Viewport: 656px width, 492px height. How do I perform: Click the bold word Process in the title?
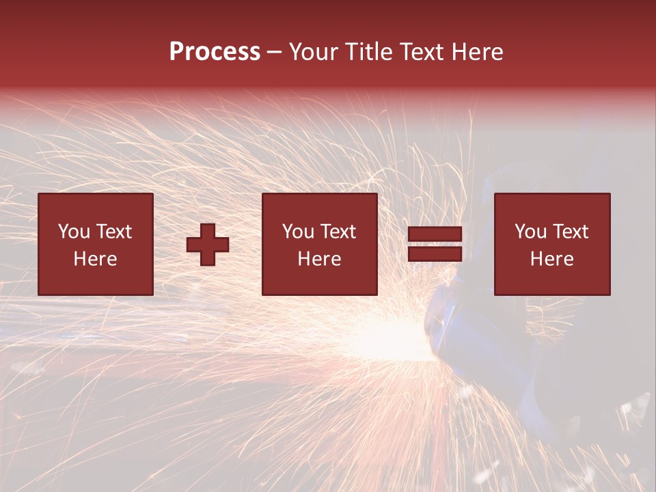point(215,52)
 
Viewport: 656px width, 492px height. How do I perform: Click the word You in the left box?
point(74,232)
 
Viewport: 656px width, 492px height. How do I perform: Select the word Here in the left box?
point(95,259)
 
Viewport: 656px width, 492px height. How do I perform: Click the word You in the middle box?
point(298,232)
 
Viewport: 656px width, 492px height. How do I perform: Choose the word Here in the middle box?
point(319,259)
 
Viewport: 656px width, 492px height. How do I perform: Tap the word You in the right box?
point(530,232)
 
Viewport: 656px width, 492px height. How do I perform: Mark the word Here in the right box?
point(551,259)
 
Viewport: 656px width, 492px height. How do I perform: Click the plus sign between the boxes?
point(208,245)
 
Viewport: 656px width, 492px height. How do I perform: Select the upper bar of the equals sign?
point(435,235)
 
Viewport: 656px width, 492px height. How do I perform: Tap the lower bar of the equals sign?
point(435,254)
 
